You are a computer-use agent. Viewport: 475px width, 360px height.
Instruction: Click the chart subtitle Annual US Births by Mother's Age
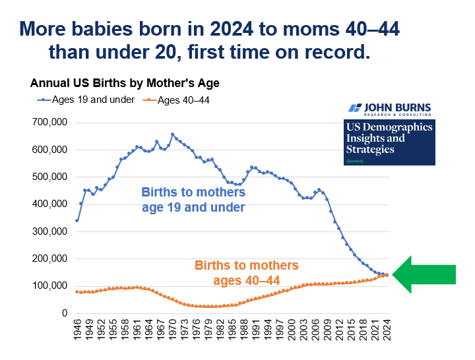coord(124,84)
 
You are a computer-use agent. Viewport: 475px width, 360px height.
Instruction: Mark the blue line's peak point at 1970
coord(173,135)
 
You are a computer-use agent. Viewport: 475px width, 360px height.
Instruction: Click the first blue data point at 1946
coord(78,220)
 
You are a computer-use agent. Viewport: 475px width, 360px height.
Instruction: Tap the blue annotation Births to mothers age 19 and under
coord(193,200)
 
